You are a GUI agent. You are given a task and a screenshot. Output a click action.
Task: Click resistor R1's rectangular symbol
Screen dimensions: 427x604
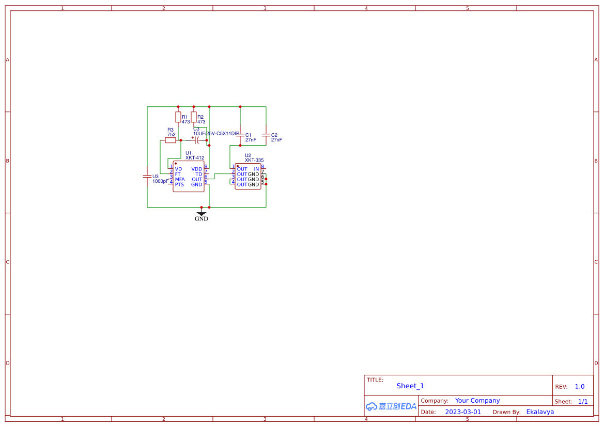point(178,117)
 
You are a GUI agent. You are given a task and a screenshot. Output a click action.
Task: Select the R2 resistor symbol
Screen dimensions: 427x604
point(194,117)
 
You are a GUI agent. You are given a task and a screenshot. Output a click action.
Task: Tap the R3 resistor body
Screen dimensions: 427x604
point(171,140)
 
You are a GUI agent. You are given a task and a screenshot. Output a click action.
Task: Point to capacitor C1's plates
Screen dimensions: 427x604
point(240,135)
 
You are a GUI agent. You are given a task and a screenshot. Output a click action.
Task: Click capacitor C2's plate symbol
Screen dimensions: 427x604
point(266,135)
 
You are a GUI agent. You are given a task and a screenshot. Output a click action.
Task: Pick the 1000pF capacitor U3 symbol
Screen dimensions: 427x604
point(147,177)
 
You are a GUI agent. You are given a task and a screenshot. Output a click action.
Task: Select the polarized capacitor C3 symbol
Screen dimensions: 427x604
point(197,140)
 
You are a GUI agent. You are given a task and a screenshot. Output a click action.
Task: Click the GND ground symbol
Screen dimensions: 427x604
point(202,213)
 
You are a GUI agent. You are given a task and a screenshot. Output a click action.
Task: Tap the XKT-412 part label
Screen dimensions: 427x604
point(195,158)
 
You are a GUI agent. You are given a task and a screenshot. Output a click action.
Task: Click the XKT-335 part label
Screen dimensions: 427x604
point(254,161)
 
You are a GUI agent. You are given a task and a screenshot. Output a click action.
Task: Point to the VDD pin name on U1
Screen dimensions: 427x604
point(197,169)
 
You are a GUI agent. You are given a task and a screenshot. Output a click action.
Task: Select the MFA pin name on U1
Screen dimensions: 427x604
point(180,180)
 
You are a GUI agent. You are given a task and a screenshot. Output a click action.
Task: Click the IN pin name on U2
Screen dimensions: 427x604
point(256,169)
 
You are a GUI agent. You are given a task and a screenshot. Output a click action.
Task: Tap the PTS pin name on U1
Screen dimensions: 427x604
point(179,185)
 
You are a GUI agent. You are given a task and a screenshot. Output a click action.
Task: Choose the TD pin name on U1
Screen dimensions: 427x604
point(199,175)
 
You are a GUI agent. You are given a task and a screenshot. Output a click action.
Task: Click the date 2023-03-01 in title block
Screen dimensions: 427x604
point(463,412)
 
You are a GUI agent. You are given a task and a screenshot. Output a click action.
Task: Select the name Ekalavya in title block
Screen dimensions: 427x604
point(540,412)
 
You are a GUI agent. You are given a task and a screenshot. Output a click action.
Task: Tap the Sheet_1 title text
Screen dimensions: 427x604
point(410,386)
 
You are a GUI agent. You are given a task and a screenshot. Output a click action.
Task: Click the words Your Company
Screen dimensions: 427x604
point(477,401)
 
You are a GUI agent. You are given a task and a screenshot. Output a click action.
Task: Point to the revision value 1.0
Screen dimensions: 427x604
point(580,387)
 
